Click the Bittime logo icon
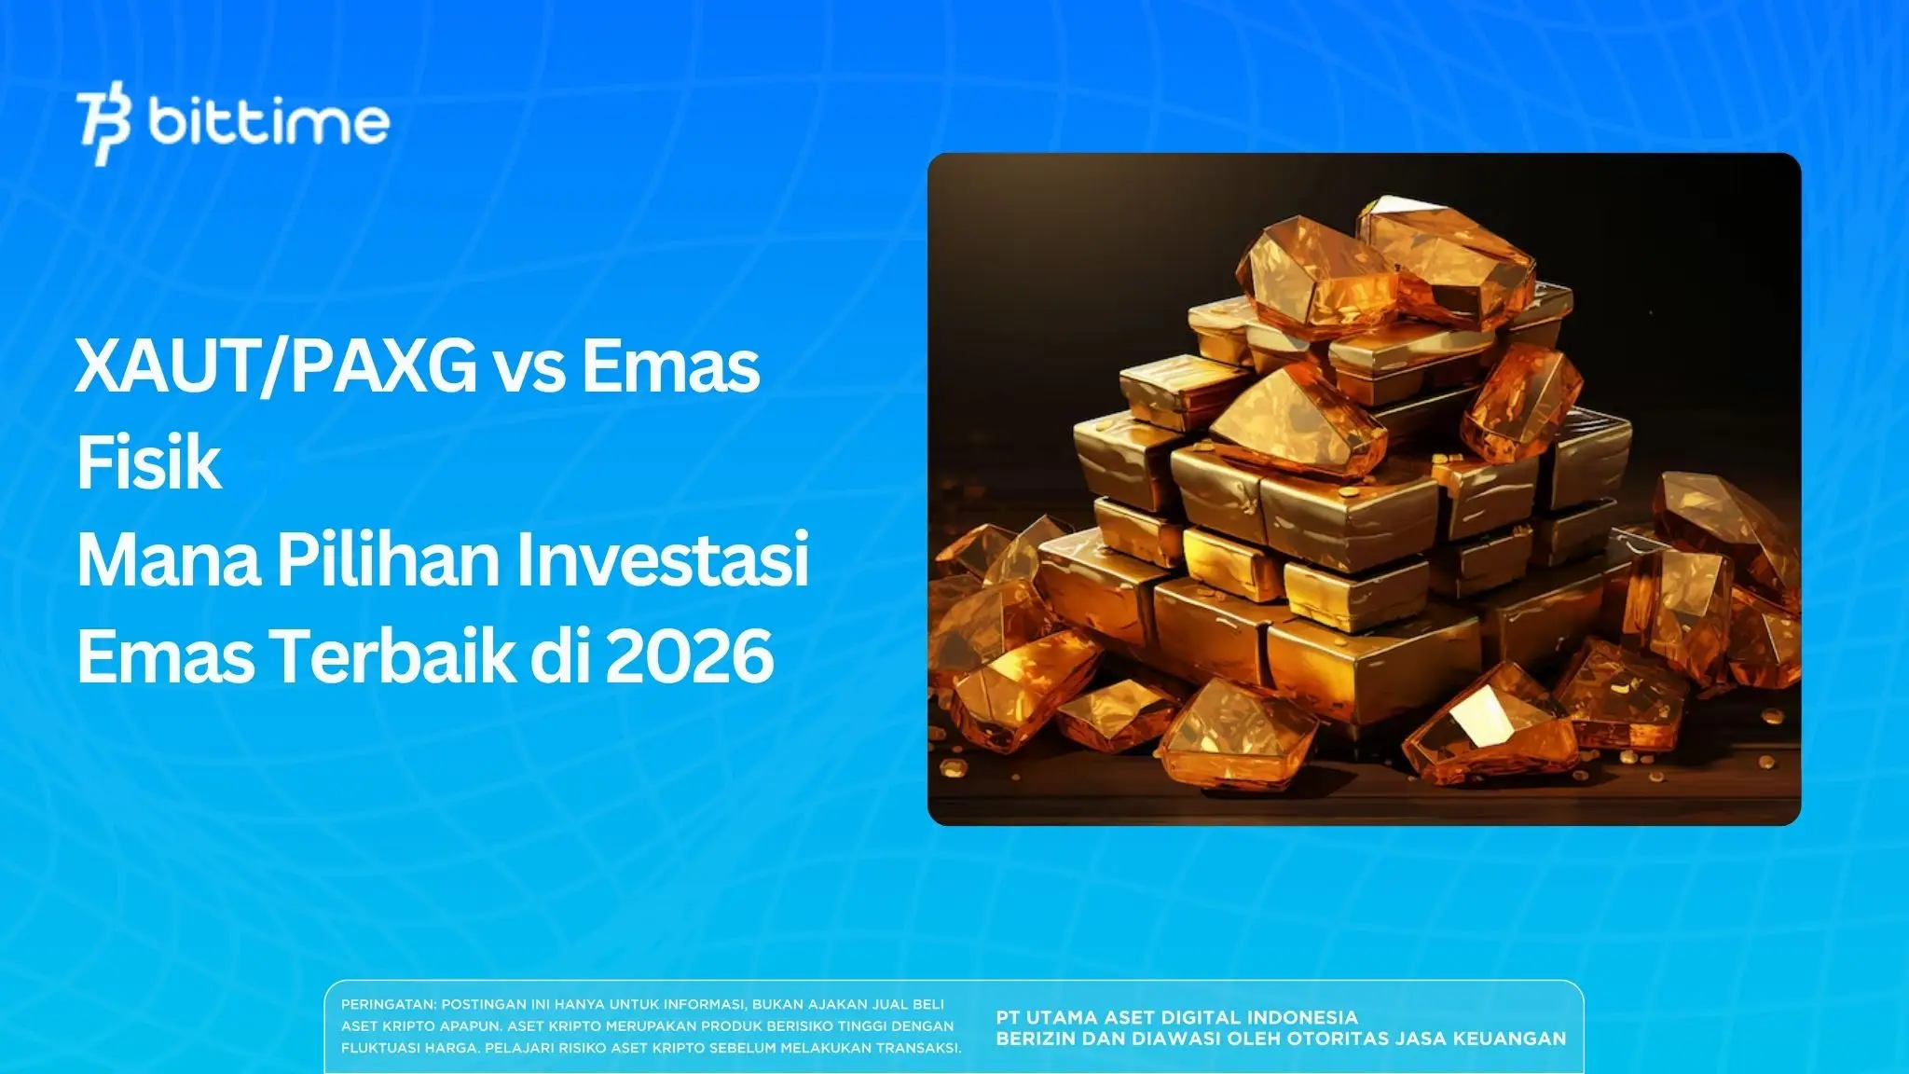coord(103,126)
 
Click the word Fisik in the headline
coord(149,463)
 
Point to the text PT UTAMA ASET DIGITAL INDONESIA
coord(1176,1017)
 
